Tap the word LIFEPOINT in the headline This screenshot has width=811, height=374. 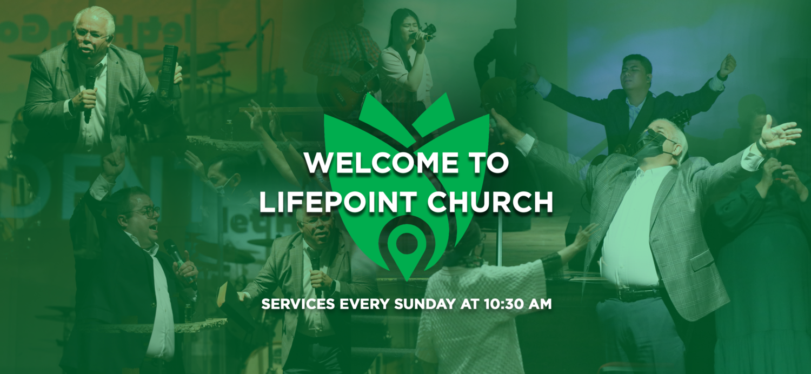342,202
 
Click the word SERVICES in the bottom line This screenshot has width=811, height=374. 296,304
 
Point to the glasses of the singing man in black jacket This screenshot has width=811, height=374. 147,211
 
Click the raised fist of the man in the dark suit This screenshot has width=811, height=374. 727,65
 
